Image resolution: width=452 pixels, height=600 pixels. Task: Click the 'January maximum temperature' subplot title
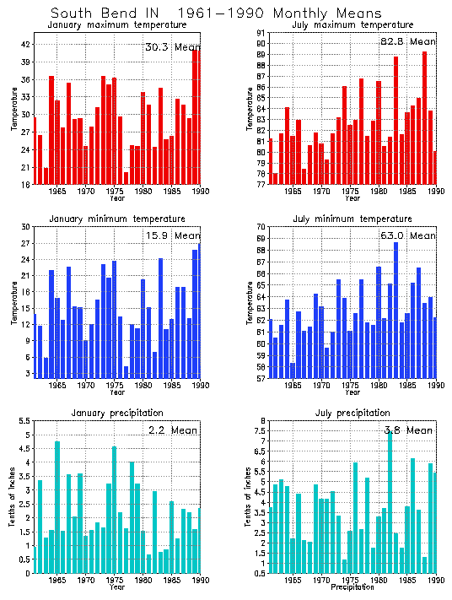[116, 25]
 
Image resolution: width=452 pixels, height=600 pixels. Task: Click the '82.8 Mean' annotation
[408, 41]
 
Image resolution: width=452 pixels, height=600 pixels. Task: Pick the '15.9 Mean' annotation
[173, 236]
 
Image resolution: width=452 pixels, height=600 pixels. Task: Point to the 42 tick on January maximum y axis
[25, 45]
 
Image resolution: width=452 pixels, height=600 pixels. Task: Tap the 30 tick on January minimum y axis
[25, 227]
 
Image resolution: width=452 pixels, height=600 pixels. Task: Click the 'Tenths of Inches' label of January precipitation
[13, 498]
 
